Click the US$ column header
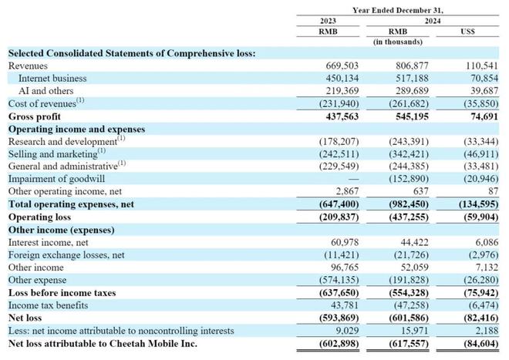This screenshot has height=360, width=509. [467, 32]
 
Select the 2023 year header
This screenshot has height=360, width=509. [328, 21]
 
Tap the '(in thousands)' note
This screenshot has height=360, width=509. [398, 42]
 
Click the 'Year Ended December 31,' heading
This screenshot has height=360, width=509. [398, 10]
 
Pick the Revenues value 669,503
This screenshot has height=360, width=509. [342, 66]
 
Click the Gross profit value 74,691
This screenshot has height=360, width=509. [484, 116]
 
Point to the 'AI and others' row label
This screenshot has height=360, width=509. [46, 91]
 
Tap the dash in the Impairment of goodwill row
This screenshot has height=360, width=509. [353, 179]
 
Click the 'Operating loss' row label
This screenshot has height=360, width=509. [39, 217]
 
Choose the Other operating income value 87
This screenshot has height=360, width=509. [493, 191]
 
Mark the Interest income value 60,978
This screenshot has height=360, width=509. [345, 242]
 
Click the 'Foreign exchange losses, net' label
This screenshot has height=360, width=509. [66, 255]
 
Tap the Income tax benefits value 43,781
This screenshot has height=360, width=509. [345, 305]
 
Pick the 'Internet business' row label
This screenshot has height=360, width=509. [52, 78]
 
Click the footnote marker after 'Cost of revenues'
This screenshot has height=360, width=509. [80, 100]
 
